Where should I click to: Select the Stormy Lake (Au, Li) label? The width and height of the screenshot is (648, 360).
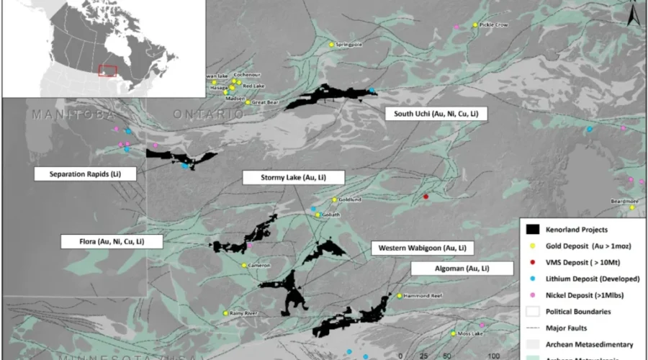click(293, 177)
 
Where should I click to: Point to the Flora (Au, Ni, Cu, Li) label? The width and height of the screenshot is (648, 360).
click(110, 241)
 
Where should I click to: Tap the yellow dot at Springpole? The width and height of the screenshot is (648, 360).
click(332, 45)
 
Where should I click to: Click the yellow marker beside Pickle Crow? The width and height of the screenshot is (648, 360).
click(475, 25)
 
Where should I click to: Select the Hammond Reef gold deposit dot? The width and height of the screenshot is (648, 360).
click(400, 295)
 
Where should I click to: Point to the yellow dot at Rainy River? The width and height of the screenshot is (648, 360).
click(226, 313)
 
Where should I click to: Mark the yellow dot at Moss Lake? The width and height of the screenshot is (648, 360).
click(453, 333)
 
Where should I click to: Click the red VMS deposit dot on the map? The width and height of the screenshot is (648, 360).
click(426, 197)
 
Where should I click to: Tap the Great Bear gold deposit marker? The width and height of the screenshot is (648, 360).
click(248, 102)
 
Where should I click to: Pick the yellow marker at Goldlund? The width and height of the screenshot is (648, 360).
click(334, 199)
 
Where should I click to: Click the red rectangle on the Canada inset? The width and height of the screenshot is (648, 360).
click(107, 71)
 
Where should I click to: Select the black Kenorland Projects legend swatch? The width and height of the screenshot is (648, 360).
click(534, 230)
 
